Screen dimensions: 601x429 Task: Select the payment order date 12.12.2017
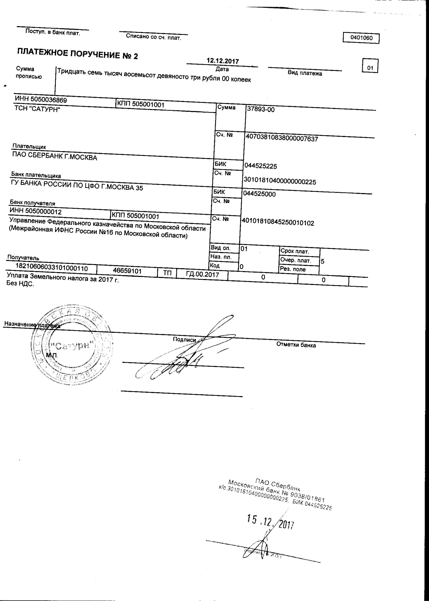pyautogui.click(x=223, y=61)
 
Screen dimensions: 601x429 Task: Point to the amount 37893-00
pyautogui.click(x=261, y=109)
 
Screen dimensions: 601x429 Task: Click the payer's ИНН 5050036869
pyautogui.click(x=41, y=100)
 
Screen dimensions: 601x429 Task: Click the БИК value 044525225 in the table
pyautogui.click(x=261, y=166)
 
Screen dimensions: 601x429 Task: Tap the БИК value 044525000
pyautogui.click(x=259, y=194)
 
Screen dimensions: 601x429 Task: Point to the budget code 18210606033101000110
pyautogui.click(x=52, y=268)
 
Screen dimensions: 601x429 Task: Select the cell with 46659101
pyautogui.click(x=127, y=271)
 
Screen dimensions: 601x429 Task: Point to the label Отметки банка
pyautogui.click(x=296, y=345)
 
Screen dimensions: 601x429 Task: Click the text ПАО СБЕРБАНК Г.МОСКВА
pyautogui.click(x=55, y=156)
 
